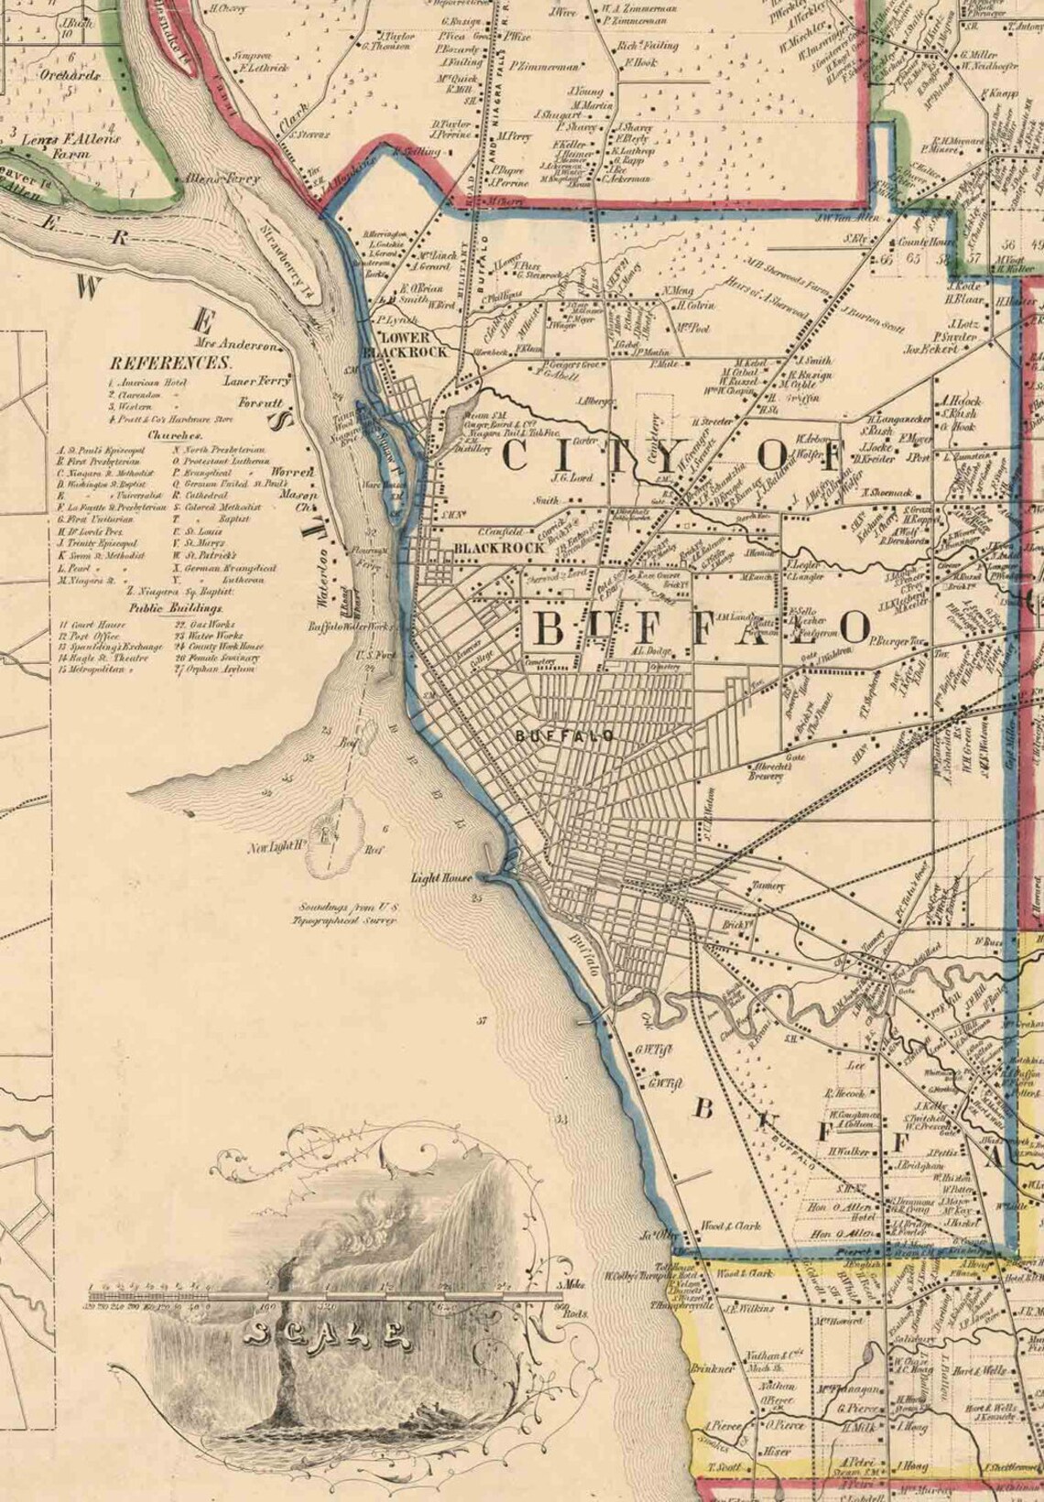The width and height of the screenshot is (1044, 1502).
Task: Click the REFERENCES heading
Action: tap(169, 363)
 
